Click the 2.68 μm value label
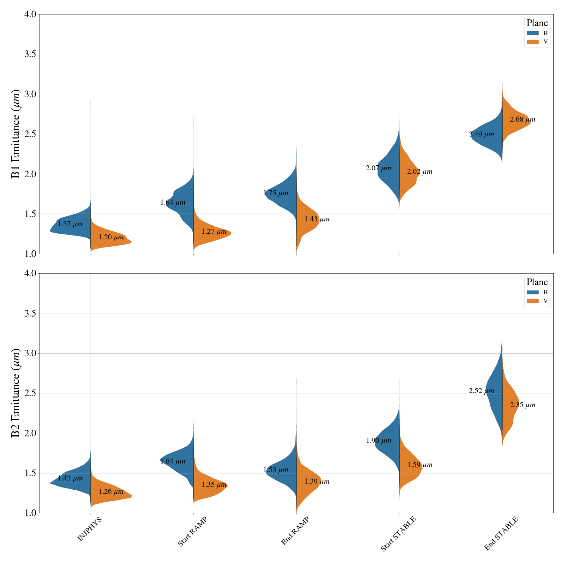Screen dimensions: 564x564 pyautogui.click(x=522, y=119)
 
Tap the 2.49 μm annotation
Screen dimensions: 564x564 pyautogui.click(x=482, y=134)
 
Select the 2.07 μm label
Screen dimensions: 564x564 pyautogui.click(x=379, y=168)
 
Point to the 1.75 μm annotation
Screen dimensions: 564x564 pyautogui.click(x=276, y=193)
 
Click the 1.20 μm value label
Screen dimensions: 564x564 pyautogui.click(x=111, y=237)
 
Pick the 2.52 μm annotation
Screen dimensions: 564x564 pyautogui.click(x=482, y=391)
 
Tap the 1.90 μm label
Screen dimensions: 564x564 pyautogui.click(x=379, y=441)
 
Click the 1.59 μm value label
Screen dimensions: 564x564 pyautogui.click(x=420, y=465)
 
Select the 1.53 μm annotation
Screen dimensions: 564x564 pyautogui.click(x=276, y=470)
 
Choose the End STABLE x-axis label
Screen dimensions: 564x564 pyautogui.click(x=501, y=533)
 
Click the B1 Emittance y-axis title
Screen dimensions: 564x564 pyautogui.click(x=16, y=134)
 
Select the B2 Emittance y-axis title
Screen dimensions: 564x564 pyautogui.click(x=16, y=393)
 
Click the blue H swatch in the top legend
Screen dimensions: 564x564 pyautogui.click(x=533, y=33)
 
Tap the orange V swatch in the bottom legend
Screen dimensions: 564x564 pyautogui.click(x=533, y=301)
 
